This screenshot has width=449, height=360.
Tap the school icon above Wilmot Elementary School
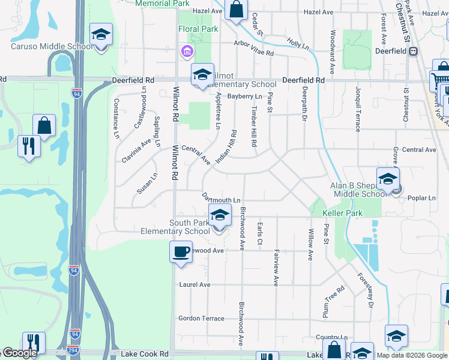tap(202, 74)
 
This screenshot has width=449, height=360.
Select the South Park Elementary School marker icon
tap(220, 215)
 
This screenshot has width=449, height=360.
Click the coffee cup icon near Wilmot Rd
tap(181, 251)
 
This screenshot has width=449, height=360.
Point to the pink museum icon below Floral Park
tap(188, 52)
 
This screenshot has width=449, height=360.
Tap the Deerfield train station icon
tap(413, 51)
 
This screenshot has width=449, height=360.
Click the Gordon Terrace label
tap(201, 319)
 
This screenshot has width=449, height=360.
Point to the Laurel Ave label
tap(194, 284)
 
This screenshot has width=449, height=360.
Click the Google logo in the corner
tap(19, 353)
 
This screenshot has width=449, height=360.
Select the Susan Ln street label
tap(146, 184)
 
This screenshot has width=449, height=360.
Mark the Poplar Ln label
tap(421, 198)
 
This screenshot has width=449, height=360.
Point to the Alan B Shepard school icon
tap(388, 179)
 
